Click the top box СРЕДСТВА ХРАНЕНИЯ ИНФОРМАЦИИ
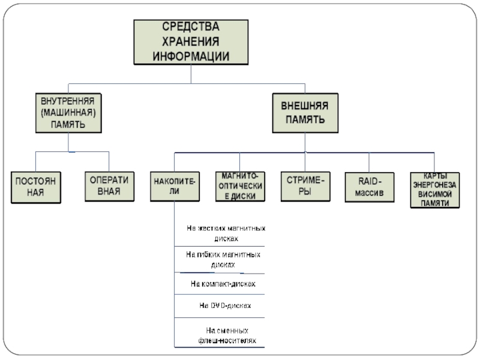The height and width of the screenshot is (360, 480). click(191, 41)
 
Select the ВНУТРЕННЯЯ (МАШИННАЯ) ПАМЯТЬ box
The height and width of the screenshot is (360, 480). click(67, 112)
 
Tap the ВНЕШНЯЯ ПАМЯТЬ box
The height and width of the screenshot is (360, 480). click(305, 112)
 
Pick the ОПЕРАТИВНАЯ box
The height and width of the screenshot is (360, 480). click(109, 186)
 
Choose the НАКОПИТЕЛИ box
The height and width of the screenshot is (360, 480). click(175, 185)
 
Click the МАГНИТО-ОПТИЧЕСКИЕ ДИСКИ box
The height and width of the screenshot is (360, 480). click(239, 185)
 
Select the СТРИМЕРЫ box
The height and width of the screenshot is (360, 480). click(305, 185)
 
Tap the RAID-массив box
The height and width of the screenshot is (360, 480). click(369, 186)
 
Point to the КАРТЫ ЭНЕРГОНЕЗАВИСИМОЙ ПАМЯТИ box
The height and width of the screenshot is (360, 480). click(434, 190)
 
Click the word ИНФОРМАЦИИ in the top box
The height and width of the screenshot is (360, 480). click(191, 55)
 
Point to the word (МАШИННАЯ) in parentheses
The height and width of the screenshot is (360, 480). click(67, 112)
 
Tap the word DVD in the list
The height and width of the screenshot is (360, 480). click(217, 305)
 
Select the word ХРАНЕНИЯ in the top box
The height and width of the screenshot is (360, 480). click(191, 41)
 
